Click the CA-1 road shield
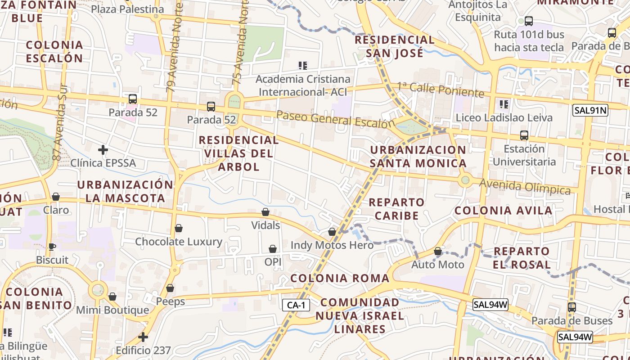296,305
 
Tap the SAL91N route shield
590,110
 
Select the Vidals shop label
265,225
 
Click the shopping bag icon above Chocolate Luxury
179,228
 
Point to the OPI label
273,261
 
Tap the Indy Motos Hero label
332,245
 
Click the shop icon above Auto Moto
438,251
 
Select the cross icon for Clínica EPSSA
103,149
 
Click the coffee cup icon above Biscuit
52,247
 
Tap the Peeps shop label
171,301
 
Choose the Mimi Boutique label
112,310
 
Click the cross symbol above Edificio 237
143,337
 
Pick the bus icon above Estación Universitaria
524,135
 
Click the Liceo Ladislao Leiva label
504,118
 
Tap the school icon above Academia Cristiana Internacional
303,66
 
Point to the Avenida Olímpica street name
525,187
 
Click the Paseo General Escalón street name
335,120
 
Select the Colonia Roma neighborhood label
340,278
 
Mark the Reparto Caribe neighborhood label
396,209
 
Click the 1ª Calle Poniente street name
440,90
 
